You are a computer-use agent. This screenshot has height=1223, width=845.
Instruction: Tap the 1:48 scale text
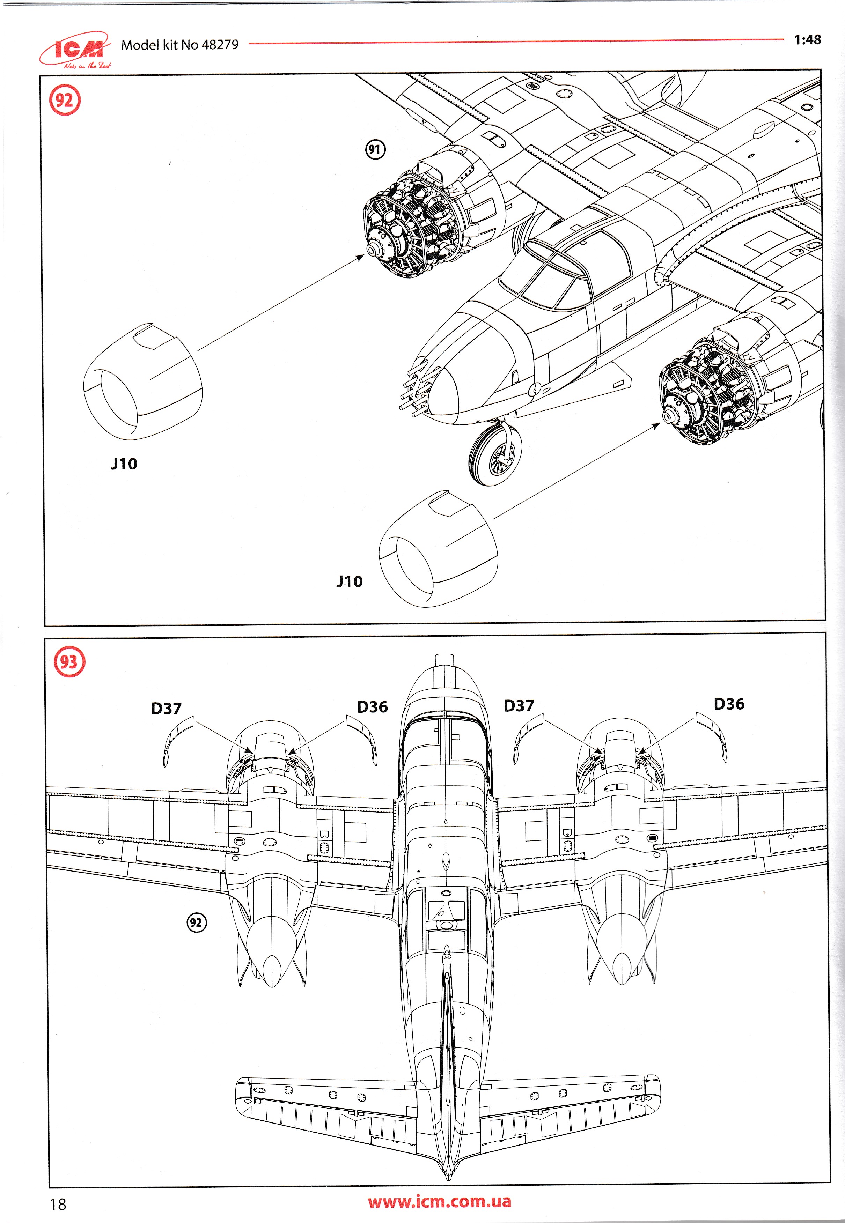point(807,40)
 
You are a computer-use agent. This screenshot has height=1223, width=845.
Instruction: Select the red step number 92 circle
point(65,100)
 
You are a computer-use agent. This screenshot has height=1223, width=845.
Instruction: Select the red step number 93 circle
point(69,661)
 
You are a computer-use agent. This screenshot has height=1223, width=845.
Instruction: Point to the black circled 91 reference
point(375,149)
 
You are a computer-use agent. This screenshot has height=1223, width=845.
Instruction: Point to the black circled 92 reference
point(197,923)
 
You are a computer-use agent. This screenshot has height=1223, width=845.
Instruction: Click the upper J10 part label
point(124,464)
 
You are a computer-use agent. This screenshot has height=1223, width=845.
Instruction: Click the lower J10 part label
point(350,581)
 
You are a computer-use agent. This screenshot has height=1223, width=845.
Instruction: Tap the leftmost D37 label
point(166,708)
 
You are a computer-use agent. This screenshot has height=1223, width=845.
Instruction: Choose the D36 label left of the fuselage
point(372,706)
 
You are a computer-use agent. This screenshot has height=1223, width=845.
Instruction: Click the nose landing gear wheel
point(495,454)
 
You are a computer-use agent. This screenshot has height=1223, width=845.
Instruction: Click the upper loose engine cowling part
point(142,381)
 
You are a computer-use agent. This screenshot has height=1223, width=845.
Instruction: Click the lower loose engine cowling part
point(438,549)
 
